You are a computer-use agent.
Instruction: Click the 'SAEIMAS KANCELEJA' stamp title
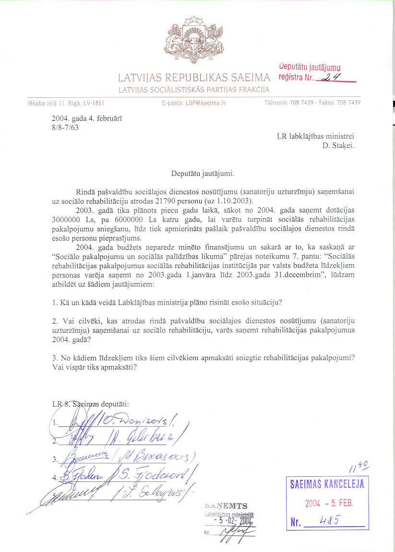click(x=327, y=484)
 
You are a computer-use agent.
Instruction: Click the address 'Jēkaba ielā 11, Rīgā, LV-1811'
click(x=66, y=103)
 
